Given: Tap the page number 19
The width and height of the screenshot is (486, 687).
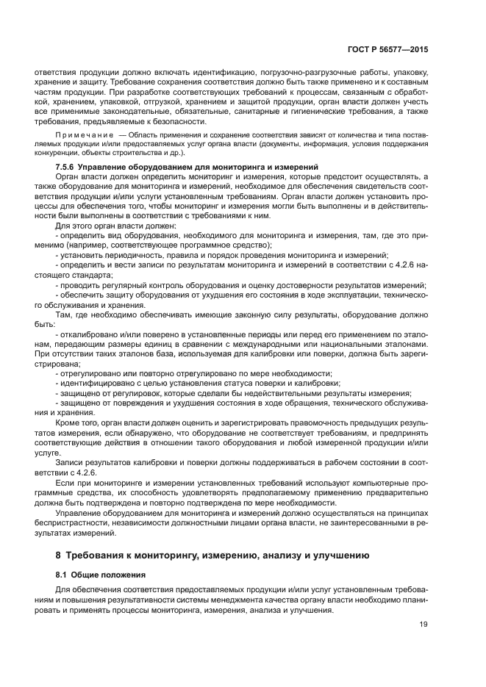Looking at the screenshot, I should point(424,626).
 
